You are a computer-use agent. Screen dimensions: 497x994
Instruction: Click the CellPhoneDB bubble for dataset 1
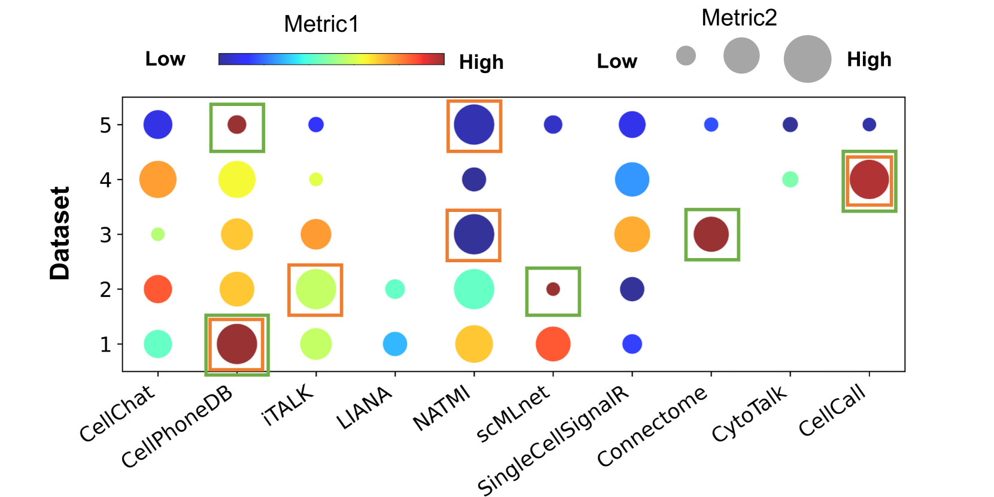point(237,344)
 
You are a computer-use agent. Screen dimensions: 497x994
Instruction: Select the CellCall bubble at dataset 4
point(869,180)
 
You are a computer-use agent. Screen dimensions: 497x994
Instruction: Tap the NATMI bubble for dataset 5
point(474,125)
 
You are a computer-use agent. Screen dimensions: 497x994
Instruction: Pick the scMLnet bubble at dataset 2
point(553,289)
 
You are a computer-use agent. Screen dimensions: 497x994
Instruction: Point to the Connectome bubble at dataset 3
point(711,234)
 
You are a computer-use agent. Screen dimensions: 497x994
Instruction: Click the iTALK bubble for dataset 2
point(315,289)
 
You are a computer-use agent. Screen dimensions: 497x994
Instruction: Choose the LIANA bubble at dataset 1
point(395,344)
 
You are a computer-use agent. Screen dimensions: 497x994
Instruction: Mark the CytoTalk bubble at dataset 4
point(790,179)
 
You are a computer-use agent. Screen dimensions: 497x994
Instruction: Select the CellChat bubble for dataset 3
point(158,234)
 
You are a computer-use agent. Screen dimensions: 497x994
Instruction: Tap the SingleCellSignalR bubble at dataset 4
point(632,180)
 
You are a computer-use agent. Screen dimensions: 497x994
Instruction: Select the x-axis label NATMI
point(442,408)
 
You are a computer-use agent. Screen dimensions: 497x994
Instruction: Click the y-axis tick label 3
point(106,235)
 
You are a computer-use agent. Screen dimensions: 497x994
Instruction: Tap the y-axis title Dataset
point(60,234)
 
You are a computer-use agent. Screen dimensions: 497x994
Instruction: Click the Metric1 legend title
point(321,24)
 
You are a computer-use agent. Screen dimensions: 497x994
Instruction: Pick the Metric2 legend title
point(739,18)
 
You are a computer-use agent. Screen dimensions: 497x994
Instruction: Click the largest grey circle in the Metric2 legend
point(807,59)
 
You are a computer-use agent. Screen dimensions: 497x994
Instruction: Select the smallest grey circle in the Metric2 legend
point(686,56)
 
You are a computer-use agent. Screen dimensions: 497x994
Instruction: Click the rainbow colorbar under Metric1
point(331,59)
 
